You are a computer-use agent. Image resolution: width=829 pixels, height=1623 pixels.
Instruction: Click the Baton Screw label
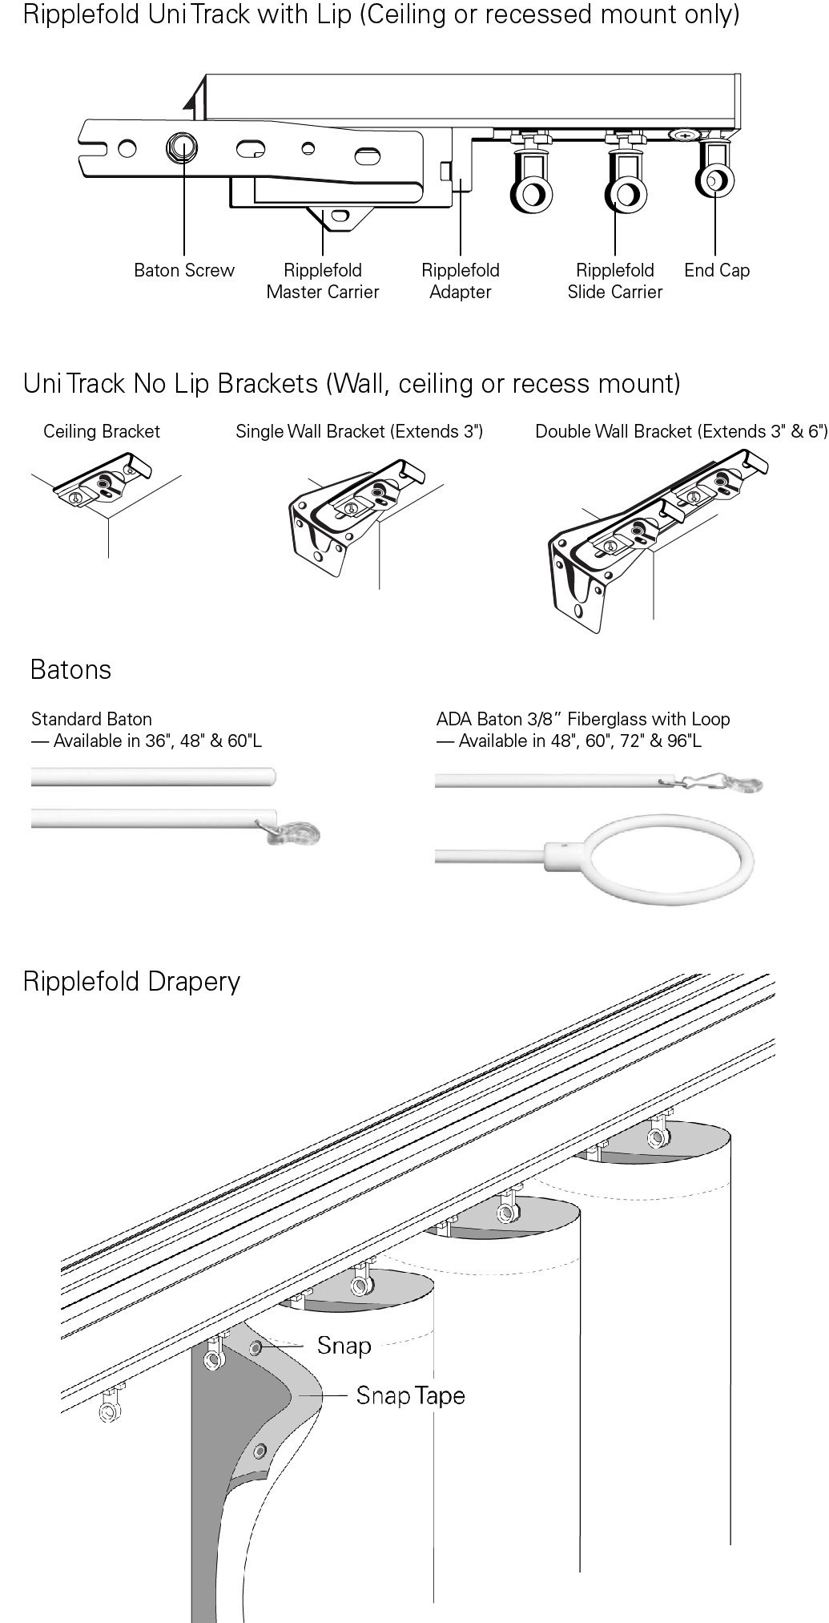pyautogui.click(x=184, y=270)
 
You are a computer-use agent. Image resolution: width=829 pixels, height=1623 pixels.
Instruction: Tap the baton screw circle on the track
pyautogui.click(x=182, y=147)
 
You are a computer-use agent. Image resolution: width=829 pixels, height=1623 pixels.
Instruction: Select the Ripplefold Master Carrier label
pyautogui.click(x=323, y=281)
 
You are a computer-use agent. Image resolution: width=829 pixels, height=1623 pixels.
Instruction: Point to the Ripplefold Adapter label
pyautogui.click(x=461, y=281)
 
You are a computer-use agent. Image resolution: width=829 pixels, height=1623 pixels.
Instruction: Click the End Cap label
pyautogui.click(x=717, y=270)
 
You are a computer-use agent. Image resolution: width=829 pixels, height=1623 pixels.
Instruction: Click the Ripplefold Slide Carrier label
pyautogui.click(x=615, y=281)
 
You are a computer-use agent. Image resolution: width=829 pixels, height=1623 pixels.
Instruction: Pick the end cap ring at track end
pyautogui.click(x=714, y=180)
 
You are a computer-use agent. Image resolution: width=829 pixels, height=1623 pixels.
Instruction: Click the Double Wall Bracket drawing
pyautogui.click(x=641, y=537)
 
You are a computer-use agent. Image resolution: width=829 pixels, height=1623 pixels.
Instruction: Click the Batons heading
pyautogui.click(x=70, y=669)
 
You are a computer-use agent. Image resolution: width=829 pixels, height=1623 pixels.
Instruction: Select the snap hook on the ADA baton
pyautogui.click(x=725, y=782)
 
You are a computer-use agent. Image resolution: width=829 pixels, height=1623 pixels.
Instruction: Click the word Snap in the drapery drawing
pyautogui.click(x=344, y=1346)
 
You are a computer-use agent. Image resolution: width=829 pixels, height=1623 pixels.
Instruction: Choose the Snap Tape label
pyautogui.click(x=410, y=1395)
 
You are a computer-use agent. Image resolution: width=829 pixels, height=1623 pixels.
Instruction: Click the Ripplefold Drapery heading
pyautogui.click(x=131, y=981)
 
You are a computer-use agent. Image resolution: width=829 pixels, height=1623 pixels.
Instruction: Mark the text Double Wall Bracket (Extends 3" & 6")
pyautogui.click(x=681, y=431)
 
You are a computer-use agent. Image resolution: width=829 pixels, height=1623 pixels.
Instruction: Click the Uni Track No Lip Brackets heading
pyautogui.click(x=352, y=383)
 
